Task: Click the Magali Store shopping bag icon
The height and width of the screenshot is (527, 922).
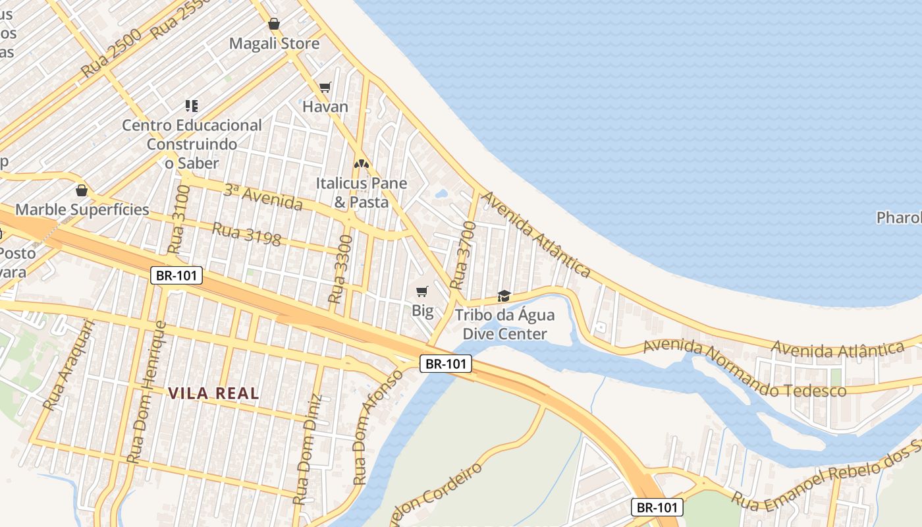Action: coord(274,24)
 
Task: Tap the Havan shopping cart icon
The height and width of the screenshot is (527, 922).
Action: coord(325,87)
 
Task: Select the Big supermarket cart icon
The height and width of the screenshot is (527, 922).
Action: coord(422,291)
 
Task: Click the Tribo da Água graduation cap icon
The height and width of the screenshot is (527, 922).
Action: coord(504,296)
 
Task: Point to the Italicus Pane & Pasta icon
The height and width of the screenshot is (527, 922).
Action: coord(361,163)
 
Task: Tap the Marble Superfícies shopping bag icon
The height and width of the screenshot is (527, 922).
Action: coord(82,190)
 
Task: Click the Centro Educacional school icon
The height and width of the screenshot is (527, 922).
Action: coord(192,105)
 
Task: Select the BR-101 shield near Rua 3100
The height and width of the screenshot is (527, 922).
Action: coord(176,275)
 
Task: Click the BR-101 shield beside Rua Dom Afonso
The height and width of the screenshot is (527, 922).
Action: coord(446,363)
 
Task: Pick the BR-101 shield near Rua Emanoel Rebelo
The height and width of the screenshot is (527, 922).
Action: coord(657,507)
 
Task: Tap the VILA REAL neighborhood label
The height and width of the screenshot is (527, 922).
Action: coord(213,393)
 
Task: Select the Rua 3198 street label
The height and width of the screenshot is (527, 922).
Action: coord(246,234)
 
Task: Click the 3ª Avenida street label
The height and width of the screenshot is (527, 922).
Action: coord(263,197)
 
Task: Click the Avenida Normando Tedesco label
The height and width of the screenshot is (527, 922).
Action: coord(744,369)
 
